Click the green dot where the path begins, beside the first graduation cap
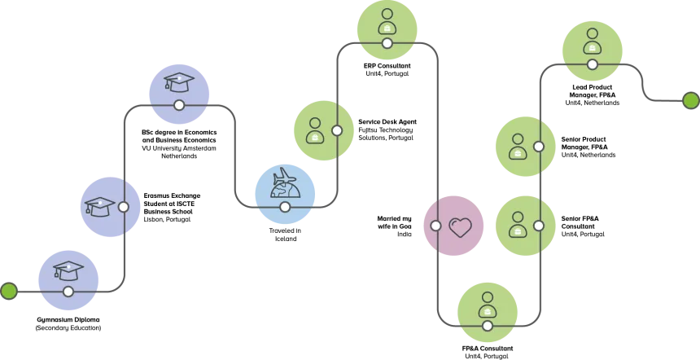(x=9, y=291)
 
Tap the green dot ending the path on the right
(x=690, y=101)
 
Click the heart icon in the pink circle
(x=461, y=226)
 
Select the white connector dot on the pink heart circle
(x=435, y=226)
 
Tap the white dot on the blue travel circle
(x=285, y=207)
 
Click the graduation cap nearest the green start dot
(x=68, y=269)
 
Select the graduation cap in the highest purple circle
(x=179, y=81)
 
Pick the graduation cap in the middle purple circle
(x=99, y=206)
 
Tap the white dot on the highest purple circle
(x=179, y=105)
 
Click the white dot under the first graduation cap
(x=68, y=291)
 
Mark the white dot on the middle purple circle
(x=124, y=207)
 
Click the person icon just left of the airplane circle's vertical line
(x=314, y=130)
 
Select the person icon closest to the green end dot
(x=592, y=41)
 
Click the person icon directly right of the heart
(x=517, y=225)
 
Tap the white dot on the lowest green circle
(x=488, y=326)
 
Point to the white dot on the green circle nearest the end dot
(x=592, y=64)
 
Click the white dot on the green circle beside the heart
(x=539, y=226)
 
